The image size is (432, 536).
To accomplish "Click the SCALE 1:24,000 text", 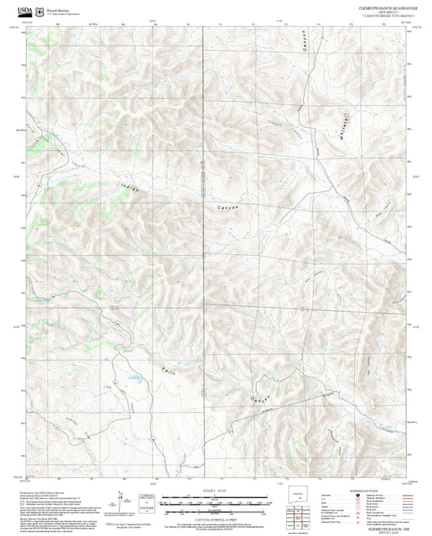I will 215,490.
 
